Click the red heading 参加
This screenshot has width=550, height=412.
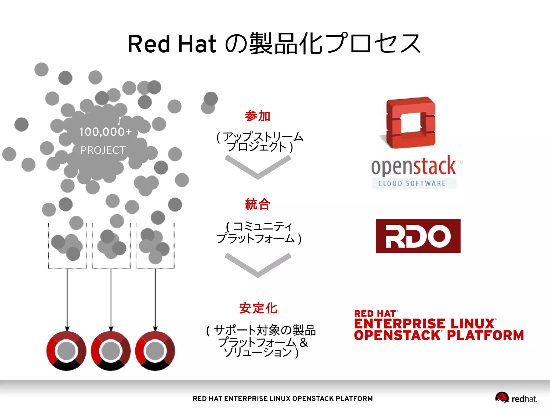tap(257, 116)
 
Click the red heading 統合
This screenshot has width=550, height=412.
tap(257, 204)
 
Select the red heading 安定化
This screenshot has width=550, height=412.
tap(258, 308)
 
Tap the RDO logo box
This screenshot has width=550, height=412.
tap(418, 236)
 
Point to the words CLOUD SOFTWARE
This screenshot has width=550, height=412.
tap(412, 184)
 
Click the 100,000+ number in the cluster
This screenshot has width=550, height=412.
tap(105, 132)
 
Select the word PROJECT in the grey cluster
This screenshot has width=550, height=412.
tap(103, 150)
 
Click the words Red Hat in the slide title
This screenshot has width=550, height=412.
tap(172, 44)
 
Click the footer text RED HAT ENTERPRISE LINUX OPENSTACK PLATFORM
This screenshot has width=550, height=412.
tap(283, 399)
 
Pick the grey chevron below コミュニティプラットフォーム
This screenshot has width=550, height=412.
tap(258, 265)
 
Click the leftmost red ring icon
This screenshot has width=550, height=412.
tap(66, 351)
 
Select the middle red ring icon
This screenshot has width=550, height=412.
tap(111, 351)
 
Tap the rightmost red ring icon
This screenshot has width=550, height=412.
tap(155, 351)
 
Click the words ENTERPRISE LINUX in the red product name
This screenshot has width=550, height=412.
tap(424, 324)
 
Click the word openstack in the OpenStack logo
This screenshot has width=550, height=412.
tap(414, 166)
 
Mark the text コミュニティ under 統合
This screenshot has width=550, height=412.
tap(262, 227)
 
